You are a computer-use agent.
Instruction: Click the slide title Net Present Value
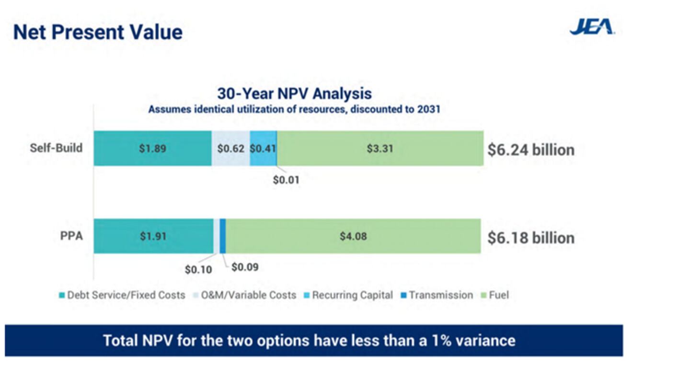pyautogui.click(x=98, y=32)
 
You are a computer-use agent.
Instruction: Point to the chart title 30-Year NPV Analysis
pyautogui.click(x=294, y=93)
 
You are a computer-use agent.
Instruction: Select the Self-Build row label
pyautogui.click(x=56, y=148)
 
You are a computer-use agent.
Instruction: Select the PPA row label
pyautogui.click(x=72, y=236)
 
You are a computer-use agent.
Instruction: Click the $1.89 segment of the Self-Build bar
pyautogui.click(x=152, y=149)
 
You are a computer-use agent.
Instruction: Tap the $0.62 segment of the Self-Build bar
pyautogui.click(x=230, y=149)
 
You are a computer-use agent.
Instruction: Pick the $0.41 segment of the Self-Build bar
pyautogui.click(x=263, y=149)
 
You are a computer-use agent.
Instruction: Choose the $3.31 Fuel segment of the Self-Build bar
pyautogui.click(x=380, y=149)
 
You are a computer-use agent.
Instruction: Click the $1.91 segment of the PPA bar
pyautogui.click(x=153, y=236)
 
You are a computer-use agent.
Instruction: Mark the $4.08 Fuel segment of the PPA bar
pyautogui.click(x=353, y=236)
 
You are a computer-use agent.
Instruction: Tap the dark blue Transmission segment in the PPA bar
pyautogui.click(x=223, y=236)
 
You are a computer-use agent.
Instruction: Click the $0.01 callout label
pyautogui.click(x=286, y=181)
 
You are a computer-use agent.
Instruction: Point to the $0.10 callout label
pyautogui.click(x=198, y=269)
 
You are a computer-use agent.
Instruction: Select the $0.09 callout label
pyautogui.click(x=245, y=267)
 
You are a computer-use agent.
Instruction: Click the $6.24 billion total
pyautogui.click(x=531, y=150)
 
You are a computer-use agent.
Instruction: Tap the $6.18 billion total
pyautogui.click(x=531, y=238)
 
